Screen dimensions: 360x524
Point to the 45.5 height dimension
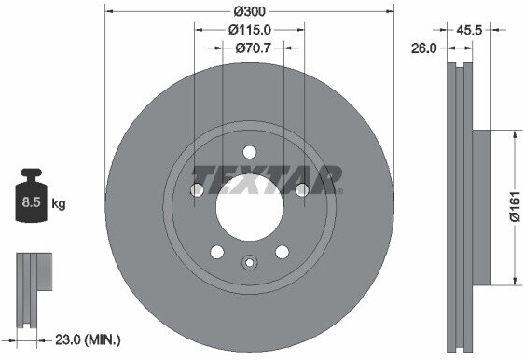click(470, 30)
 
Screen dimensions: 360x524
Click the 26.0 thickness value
click(423, 48)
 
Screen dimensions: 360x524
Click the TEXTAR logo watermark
click(267, 177)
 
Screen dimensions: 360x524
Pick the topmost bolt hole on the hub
click(249, 152)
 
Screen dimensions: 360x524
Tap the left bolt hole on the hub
click(197, 190)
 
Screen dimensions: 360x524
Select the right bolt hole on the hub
click(301, 190)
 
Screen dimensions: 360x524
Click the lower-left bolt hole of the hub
click(217, 252)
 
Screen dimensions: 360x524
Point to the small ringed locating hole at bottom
click(249, 263)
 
